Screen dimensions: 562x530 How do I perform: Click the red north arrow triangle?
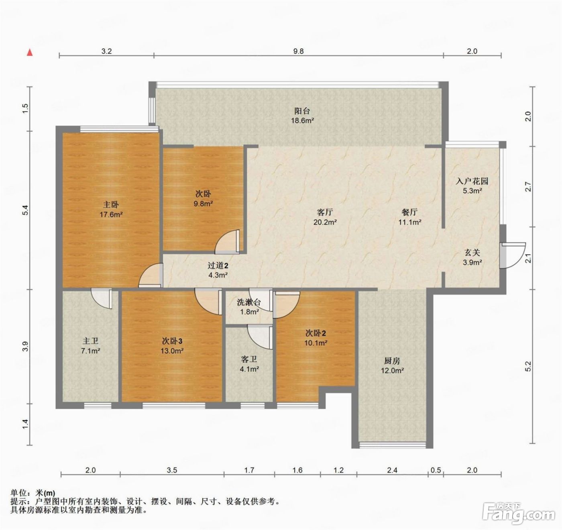29,52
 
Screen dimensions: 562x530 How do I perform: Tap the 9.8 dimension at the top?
298,51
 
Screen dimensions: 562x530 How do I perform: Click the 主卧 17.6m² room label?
111,209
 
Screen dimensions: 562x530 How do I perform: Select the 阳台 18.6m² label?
303,116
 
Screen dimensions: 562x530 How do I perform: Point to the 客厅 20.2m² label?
325,217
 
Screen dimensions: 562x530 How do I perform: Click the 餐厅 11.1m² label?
410,217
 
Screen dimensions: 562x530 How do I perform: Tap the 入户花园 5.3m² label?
472,186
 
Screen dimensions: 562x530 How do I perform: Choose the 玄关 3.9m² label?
472,257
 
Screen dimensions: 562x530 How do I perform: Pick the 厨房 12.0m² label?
392,366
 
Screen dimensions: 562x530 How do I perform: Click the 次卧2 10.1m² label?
316,338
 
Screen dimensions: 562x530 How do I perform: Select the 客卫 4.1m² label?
249,364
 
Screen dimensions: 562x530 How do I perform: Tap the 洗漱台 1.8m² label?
248,307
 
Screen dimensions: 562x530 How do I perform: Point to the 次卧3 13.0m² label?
172,346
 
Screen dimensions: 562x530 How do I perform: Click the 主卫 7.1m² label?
91,346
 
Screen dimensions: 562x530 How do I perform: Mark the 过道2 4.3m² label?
218,270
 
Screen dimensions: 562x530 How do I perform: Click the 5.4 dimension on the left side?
26,210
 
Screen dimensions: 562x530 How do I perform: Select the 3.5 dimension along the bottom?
172,470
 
